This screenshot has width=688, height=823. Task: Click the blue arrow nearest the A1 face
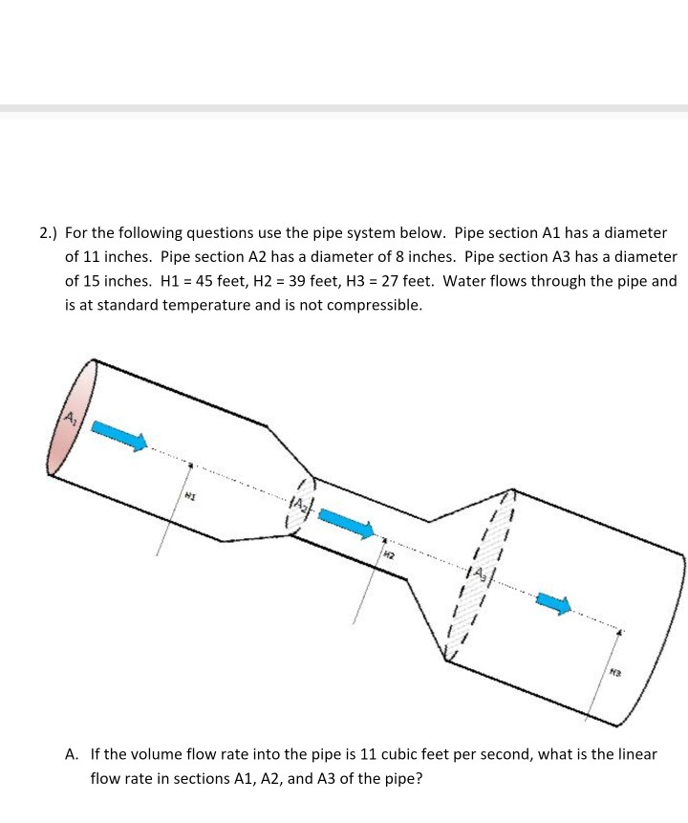[x=118, y=435]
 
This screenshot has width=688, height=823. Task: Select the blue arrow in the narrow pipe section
[x=345, y=522]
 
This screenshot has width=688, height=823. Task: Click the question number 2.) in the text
[x=48, y=232]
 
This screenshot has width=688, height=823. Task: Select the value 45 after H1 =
[x=204, y=281]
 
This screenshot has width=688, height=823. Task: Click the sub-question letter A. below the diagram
[x=72, y=754]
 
